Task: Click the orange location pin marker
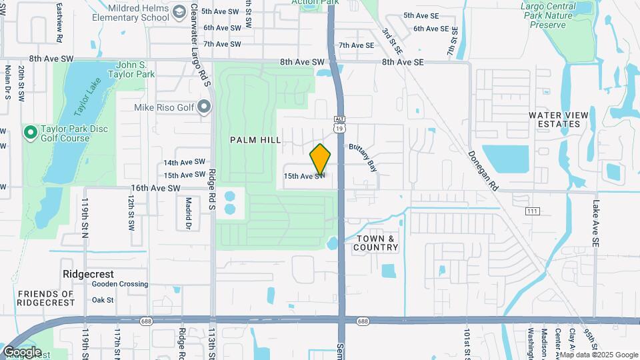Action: [321, 160]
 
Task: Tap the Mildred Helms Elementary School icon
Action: [179, 12]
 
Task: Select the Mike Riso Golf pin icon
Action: [204, 107]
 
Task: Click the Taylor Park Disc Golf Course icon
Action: [30, 133]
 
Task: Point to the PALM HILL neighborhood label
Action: [255, 140]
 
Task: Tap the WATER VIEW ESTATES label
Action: [559, 119]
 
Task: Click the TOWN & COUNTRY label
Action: [376, 243]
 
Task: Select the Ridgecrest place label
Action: [88, 274]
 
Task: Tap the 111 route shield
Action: [532, 211]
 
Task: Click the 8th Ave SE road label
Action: [403, 62]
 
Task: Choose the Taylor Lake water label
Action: [89, 100]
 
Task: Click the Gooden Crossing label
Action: [120, 284]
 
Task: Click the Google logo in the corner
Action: [22, 351]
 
